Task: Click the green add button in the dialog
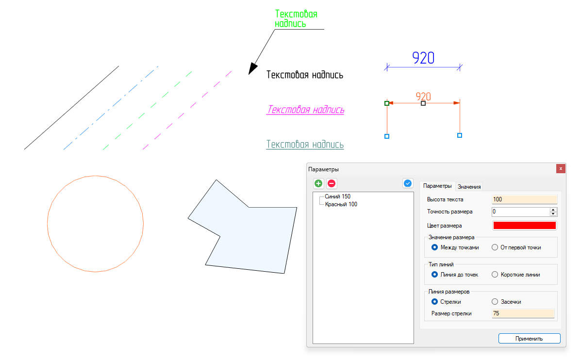tap(318, 183)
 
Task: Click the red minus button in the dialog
tap(332, 183)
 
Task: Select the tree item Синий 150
tap(337, 196)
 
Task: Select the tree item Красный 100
tap(341, 204)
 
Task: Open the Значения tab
tap(469, 187)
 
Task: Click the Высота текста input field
tap(524, 199)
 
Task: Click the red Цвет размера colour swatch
tap(524, 225)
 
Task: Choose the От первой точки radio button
tap(495, 247)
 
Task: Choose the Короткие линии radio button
tap(495, 275)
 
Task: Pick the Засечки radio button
tap(495, 302)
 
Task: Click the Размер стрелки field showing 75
tap(523, 313)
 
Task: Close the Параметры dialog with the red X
tap(561, 168)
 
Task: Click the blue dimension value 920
tap(423, 58)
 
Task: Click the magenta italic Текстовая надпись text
tap(305, 110)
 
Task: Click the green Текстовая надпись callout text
tap(296, 18)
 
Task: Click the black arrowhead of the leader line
tap(252, 69)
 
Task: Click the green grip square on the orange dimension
tap(387, 103)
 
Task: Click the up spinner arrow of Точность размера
tap(554, 210)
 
